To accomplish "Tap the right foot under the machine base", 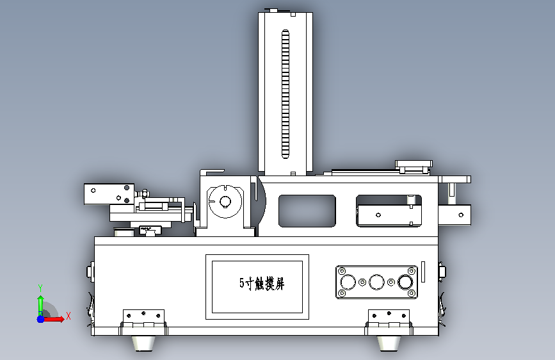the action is coord(389,343).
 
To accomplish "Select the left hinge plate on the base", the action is coord(143,316).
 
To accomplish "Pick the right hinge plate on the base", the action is coord(389,316).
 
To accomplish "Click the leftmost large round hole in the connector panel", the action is coord(349,282).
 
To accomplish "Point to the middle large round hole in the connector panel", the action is coord(377,282).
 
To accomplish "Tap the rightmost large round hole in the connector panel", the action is coord(405,282).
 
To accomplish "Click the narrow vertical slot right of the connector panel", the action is coord(423,272).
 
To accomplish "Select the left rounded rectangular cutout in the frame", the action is coord(307,210).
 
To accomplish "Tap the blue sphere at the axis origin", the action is coord(40,318).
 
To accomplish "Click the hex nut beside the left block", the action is coord(145,192).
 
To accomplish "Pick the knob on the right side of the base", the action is coord(442,272).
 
